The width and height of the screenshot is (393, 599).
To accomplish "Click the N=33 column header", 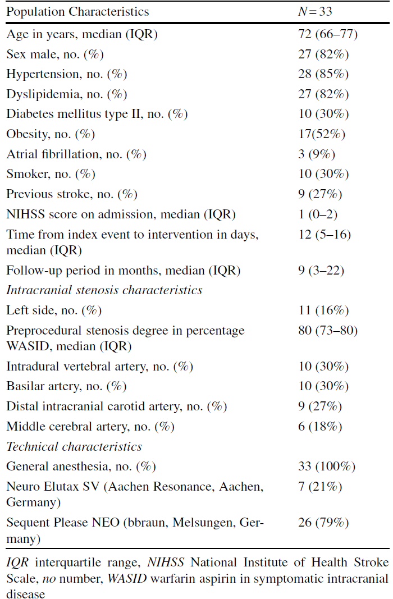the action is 315,11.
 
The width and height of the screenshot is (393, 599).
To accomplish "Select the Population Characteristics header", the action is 77,12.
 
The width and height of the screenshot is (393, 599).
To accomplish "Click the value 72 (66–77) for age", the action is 328,34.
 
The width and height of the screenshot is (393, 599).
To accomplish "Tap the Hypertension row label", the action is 66,74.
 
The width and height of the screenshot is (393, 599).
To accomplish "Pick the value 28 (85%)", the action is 323,74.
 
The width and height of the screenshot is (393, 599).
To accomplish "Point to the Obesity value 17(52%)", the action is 322,134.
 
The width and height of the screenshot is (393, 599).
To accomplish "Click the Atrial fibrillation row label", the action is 76,154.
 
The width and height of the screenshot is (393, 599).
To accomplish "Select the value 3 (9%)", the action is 317,154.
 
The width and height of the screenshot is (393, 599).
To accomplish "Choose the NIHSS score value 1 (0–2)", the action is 318,214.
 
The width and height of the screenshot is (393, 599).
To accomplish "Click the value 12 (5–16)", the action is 325,234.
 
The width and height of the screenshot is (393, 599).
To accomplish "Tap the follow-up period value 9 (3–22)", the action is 321,271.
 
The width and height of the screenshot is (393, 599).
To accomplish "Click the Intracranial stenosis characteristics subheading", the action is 104,290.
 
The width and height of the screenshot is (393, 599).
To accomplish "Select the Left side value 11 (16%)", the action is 323,310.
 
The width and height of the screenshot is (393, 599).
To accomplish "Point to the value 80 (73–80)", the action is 328,330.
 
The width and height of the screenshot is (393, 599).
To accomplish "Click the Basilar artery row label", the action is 66,386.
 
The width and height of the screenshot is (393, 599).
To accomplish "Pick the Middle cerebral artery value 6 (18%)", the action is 320,426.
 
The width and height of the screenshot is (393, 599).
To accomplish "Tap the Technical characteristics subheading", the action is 74,446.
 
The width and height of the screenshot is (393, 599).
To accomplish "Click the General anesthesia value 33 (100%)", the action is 327,467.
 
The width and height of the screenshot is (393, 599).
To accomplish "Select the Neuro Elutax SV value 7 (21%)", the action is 320,486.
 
